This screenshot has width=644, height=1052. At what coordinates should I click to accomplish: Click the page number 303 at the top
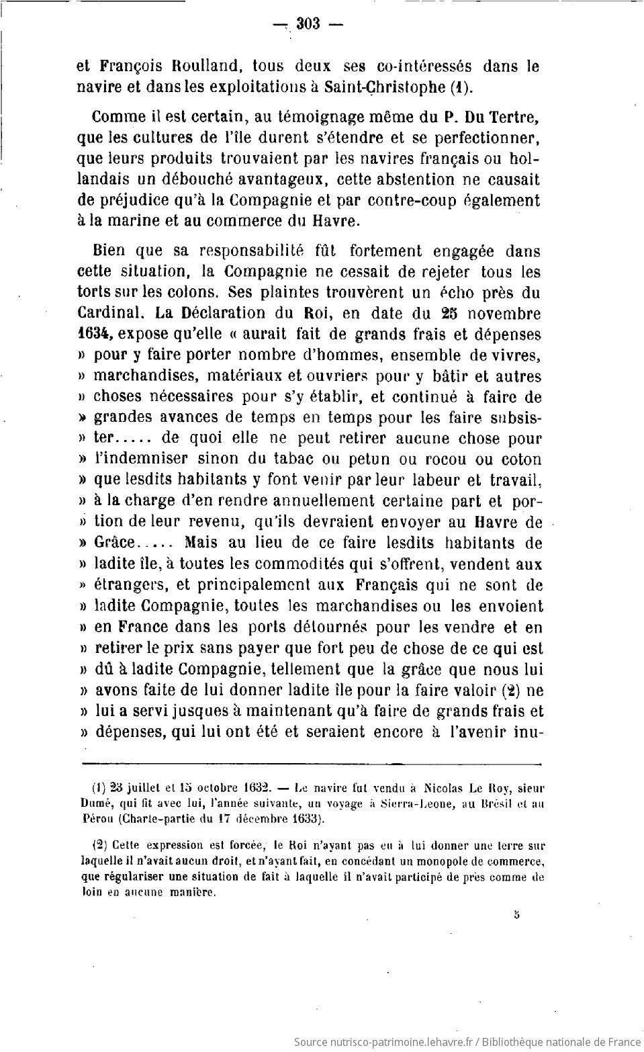click(306, 24)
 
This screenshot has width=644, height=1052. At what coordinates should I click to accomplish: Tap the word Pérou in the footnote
click(96, 819)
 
